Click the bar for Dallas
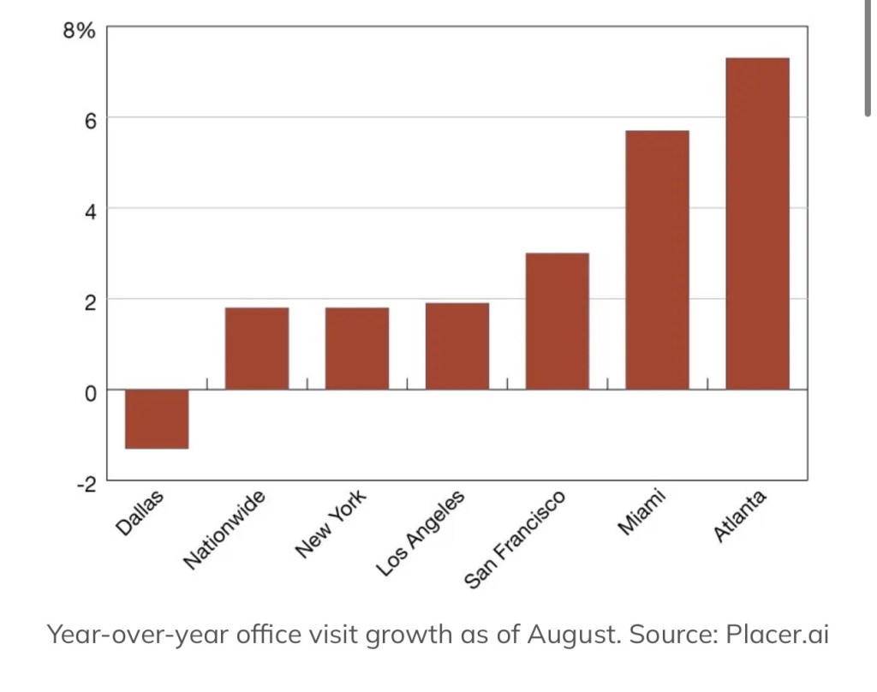pos(157,419)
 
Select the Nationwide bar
pos(256,349)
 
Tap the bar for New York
pos(356,349)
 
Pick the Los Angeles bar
pos(457,346)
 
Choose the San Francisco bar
pos(557,321)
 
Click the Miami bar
pos(657,260)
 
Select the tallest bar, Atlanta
pos(757,224)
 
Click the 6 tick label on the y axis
pos(89,118)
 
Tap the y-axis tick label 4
pos(89,209)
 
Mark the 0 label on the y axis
pos(89,391)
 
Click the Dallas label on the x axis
pos(139,513)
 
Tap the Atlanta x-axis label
pos(740,516)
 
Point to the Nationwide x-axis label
pos(225,530)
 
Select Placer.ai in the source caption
pos(777,635)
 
